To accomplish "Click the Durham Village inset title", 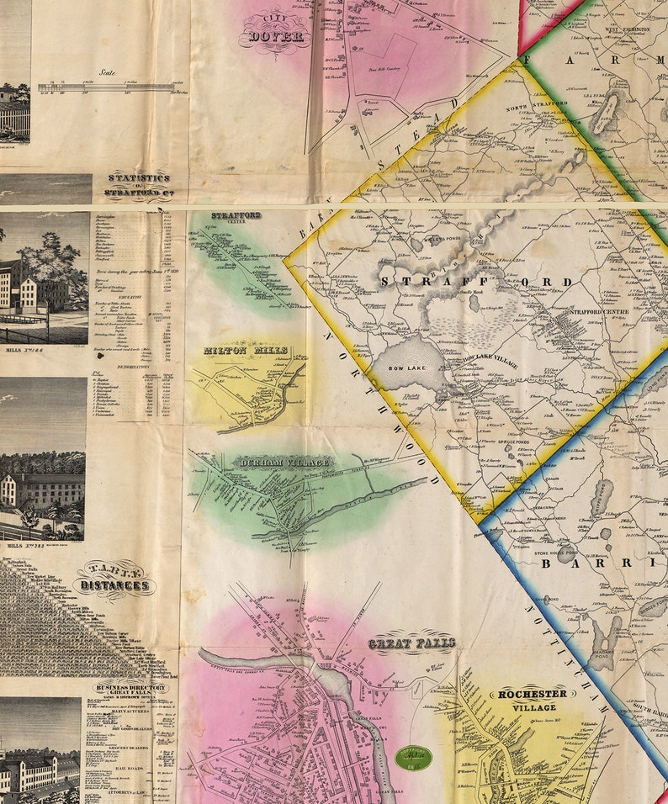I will pos(273,462).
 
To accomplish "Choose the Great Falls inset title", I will pos(411,643).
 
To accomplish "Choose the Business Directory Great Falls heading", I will pos(130,687).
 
